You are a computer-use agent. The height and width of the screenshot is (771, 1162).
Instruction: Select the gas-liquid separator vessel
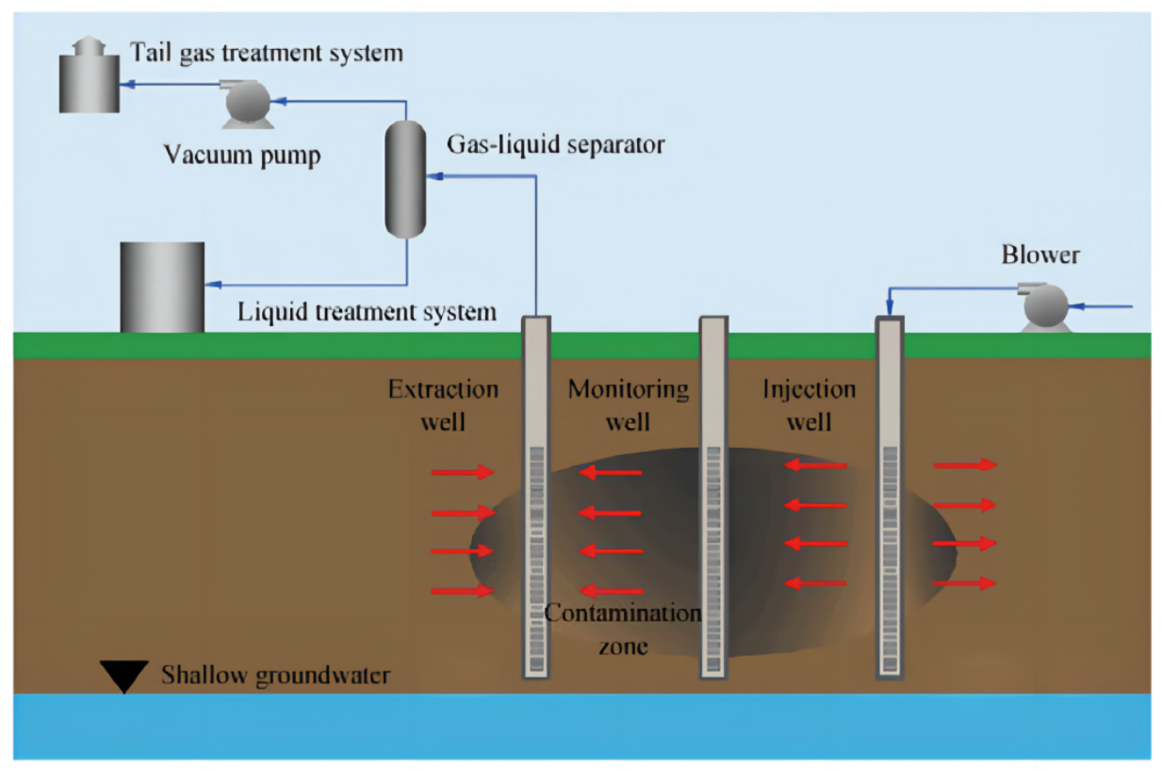pyautogui.click(x=407, y=179)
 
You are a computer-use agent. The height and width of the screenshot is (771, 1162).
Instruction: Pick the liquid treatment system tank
pyautogui.click(x=162, y=287)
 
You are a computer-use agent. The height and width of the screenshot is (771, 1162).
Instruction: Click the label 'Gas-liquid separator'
pyautogui.click(x=555, y=144)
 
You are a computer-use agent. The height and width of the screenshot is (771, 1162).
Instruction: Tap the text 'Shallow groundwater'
pyautogui.click(x=275, y=675)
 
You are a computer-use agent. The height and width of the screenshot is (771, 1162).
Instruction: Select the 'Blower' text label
pyautogui.click(x=1040, y=254)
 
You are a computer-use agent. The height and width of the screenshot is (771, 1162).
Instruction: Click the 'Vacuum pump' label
pyautogui.click(x=242, y=153)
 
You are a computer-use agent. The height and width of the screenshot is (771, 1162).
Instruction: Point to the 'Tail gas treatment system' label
pyautogui.click(x=267, y=53)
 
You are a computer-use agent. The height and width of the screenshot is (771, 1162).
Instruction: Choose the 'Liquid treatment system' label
pyautogui.click(x=367, y=310)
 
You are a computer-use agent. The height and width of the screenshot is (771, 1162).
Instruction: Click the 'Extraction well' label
pyautogui.click(x=443, y=404)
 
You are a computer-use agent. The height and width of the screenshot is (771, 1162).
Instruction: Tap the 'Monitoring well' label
pyautogui.click(x=628, y=404)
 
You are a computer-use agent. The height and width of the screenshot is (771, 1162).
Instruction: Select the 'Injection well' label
pyautogui.click(x=809, y=404)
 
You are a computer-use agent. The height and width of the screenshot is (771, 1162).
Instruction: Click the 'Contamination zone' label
pyautogui.click(x=623, y=629)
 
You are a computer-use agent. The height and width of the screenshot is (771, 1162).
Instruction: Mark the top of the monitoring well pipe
pyautogui.click(x=713, y=320)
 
